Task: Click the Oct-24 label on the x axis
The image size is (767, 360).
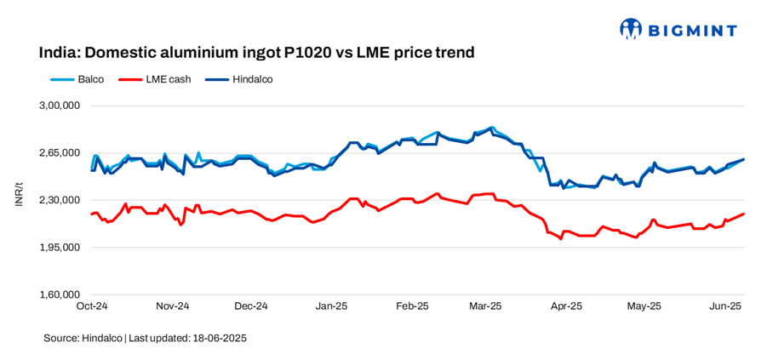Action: (x=91, y=306)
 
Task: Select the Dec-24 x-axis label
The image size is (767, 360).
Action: (x=251, y=306)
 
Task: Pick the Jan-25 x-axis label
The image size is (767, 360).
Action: (x=331, y=306)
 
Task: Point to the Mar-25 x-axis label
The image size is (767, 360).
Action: (x=485, y=306)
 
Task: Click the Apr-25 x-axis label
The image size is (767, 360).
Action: (x=565, y=306)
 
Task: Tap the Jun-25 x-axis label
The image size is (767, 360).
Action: (x=725, y=306)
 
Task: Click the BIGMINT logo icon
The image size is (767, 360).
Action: (x=631, y=30)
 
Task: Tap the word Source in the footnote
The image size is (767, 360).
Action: (x=60, y=339)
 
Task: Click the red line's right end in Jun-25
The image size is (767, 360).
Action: (x=744, y=214)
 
